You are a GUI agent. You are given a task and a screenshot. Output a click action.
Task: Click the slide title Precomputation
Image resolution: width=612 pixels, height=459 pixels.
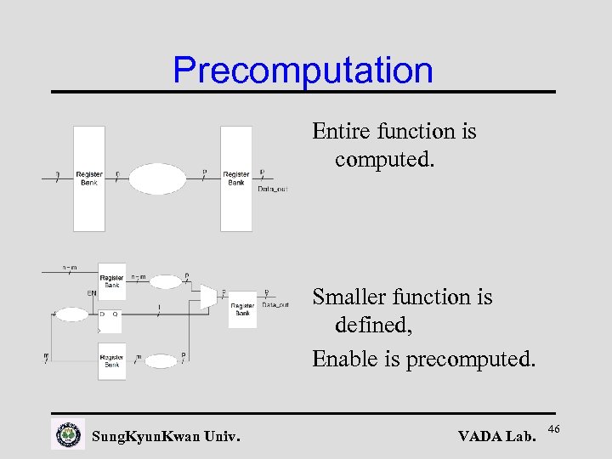tap(303, 71)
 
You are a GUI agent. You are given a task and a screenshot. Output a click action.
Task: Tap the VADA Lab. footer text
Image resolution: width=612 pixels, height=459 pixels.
tap(496, 437)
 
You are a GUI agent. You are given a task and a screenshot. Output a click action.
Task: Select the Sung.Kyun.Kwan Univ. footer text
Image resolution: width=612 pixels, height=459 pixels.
tap(166, 437)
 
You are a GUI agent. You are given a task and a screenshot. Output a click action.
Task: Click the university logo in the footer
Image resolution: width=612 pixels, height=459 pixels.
tap(68, 434)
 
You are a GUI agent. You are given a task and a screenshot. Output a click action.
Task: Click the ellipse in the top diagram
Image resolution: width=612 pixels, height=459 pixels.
tap(156, 179)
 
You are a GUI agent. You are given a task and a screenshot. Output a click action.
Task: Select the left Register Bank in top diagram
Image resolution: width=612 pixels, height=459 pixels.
tap(89, 178)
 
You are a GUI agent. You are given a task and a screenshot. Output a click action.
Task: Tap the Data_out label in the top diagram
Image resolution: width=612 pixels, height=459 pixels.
tap(272, 189)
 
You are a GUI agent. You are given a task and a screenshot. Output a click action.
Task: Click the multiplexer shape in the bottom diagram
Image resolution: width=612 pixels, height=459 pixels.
tap(208, 296)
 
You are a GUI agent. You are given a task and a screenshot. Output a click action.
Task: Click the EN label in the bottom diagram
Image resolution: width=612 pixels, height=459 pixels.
tap(91, 293)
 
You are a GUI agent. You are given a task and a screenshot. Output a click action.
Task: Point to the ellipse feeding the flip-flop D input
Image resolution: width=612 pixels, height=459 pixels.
tap(71, 314)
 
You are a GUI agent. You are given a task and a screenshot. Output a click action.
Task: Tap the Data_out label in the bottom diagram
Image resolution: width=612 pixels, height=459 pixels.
tap(275, 304)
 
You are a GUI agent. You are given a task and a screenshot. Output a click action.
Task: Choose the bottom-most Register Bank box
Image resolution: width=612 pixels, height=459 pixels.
tap(111, 360)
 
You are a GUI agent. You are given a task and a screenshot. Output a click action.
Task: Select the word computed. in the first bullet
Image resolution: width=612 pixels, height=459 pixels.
tap(384, 160)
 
